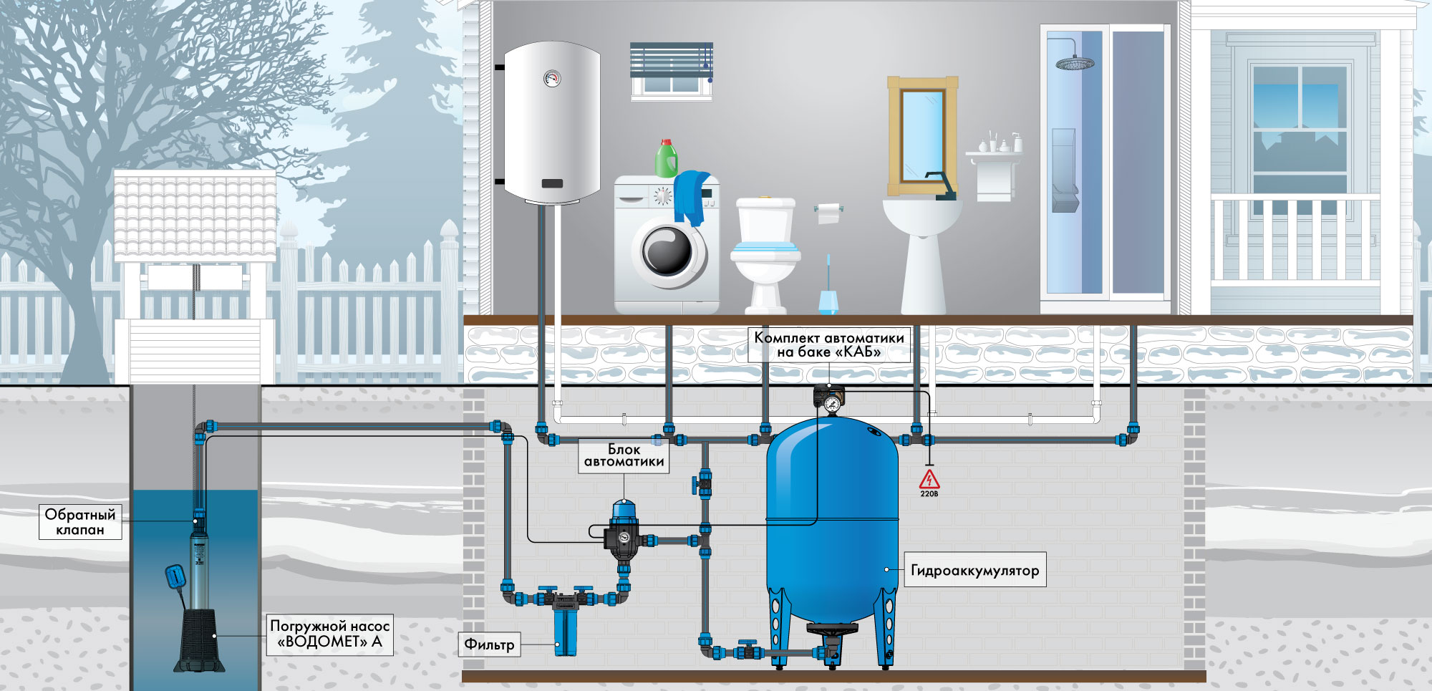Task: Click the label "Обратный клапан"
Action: click(79, 521)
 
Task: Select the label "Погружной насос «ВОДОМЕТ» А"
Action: click(329, 634)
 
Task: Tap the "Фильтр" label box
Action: click(489, 644)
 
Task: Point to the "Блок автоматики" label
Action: click(624, 455)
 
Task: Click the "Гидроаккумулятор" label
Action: click(974, 570)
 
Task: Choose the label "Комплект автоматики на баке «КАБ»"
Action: click(829, 344)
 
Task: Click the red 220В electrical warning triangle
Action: click(929, 480)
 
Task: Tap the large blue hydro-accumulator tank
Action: click(832, 523)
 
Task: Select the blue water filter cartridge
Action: click(565, 630)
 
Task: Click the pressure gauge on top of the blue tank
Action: click(831, 405)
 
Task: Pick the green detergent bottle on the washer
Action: click(667, 158)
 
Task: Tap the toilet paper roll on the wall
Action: click(828, 213)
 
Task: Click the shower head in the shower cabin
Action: click(1075, 63)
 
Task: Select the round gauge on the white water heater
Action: click(552, 78)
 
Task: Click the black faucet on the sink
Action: click(940, 185)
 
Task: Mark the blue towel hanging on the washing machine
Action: click(692, 197)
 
